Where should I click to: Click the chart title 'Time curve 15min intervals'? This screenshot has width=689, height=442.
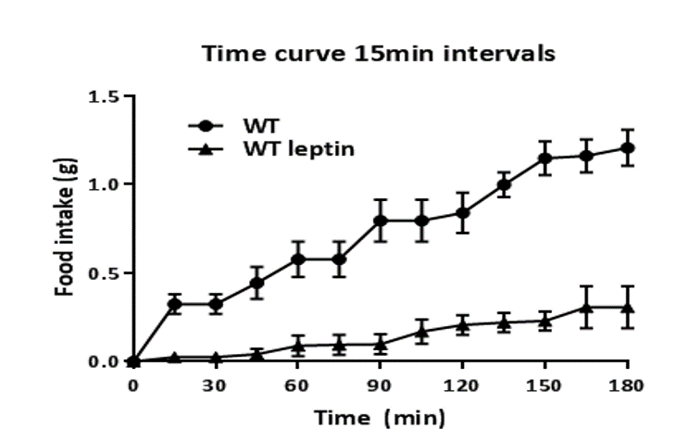click(x=380, y=54)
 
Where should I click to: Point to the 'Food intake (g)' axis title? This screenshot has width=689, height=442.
click(x=66, y=229)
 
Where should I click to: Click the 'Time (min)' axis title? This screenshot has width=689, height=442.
click(x=380, y=418)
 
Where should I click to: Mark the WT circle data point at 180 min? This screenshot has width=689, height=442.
click(x=628, y=147)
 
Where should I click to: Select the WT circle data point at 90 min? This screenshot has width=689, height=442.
click(x=381, y=221)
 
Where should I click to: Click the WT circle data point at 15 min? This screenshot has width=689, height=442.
click(x=174, y=304)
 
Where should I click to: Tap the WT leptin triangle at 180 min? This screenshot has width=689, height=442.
click(x=628, y=308)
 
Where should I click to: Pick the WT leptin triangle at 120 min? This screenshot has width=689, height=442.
click(x=463, y=324)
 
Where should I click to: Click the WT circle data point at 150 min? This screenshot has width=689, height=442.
click(x=545, y=158)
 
